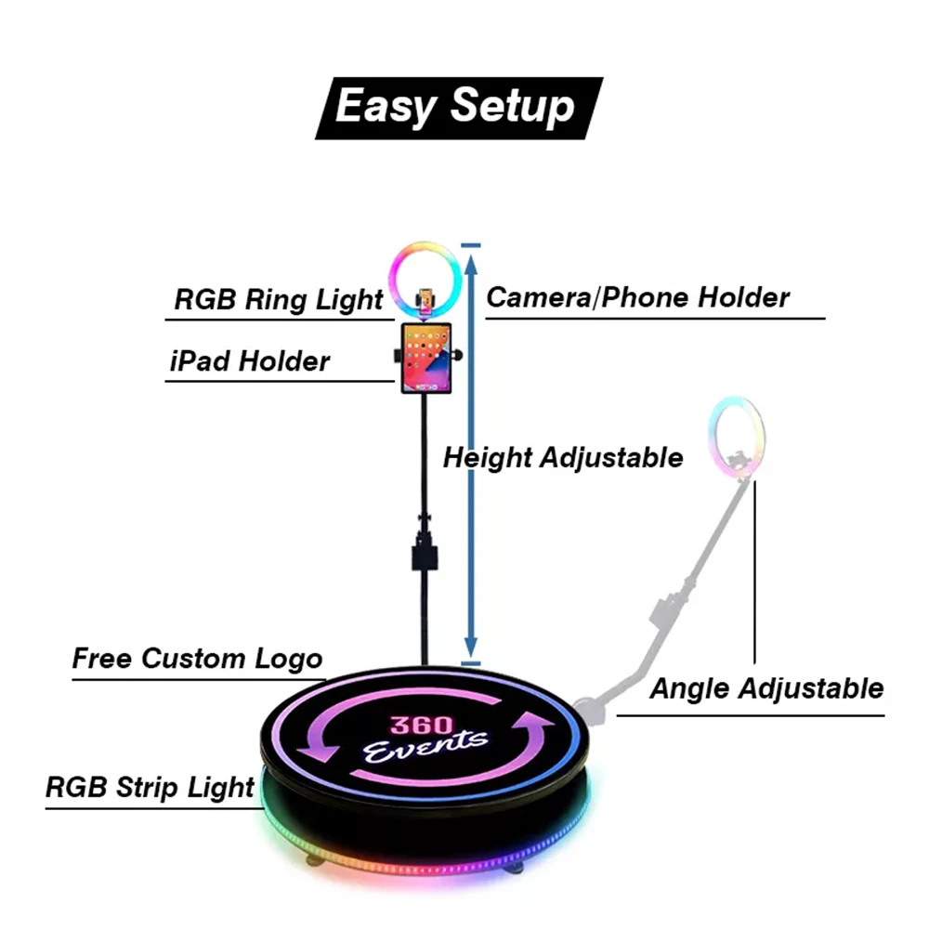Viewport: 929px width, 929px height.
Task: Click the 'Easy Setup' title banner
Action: (458, 107)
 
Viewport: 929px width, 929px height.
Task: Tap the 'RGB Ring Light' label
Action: (278, 300)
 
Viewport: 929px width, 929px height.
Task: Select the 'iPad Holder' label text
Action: (250, 360)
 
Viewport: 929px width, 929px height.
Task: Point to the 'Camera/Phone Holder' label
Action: (638, 297)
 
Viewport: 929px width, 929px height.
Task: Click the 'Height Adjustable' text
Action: (562, 457)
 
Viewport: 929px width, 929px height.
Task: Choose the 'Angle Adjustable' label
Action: (765, 688)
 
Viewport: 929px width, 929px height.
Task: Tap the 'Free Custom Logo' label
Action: (197, 659)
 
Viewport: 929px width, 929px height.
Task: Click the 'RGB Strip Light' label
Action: (150, 787)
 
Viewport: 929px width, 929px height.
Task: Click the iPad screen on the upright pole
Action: (426, 358)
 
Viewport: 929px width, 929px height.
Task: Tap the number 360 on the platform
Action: (422, 725)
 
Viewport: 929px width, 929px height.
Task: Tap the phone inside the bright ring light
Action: (425, 299)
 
